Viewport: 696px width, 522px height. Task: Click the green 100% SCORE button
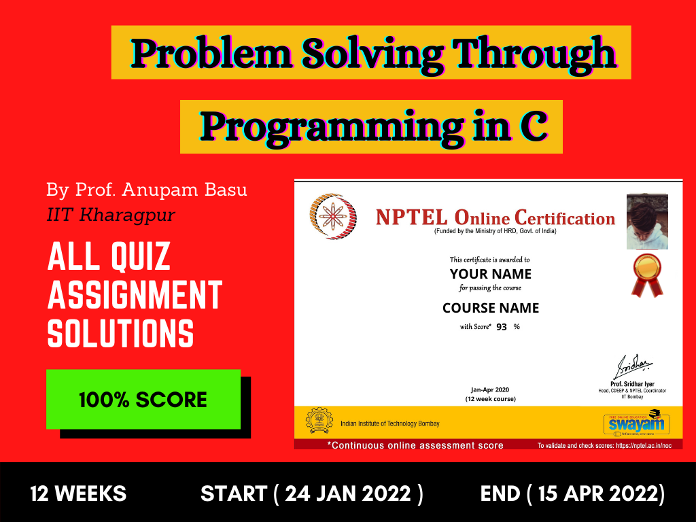pos(143,399)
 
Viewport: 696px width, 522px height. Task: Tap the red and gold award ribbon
pos(647,275)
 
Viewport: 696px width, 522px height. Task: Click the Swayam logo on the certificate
pos(636,423)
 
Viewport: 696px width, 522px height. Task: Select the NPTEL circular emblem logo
pos(333,216)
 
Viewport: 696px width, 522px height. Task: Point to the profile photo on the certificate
pos(647,222)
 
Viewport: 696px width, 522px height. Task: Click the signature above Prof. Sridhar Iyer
pos(633,366)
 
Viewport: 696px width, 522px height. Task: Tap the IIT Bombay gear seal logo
pos(319,420)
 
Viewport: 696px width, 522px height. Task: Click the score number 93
pos(502,327)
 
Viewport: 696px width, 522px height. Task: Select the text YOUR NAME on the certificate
pos(491,274)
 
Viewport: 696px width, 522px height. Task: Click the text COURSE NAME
pos(491,308)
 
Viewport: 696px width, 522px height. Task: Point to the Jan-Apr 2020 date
pos(490,389)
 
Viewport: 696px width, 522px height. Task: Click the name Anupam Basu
pos(184,190)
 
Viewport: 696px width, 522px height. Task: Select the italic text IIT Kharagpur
pos(111,215)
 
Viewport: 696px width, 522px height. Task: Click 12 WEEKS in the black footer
pos(78,493)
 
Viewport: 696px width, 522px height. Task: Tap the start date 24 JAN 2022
pos(347,493)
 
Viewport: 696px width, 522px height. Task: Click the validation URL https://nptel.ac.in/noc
pos(644,445)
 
